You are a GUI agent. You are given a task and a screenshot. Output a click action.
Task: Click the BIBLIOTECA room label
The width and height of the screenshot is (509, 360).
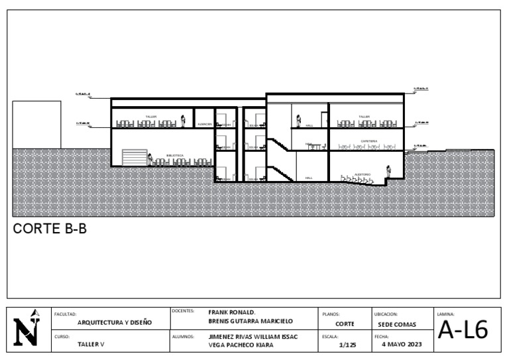point(175,155)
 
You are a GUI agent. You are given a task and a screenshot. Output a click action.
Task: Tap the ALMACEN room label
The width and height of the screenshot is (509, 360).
point(204,124)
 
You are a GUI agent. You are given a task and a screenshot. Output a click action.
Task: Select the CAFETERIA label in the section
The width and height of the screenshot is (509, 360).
point(369,141)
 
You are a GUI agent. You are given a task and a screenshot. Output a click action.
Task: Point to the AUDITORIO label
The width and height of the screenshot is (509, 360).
point(363,174)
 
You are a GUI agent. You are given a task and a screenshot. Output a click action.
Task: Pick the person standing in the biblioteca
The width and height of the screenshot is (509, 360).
point(150,160)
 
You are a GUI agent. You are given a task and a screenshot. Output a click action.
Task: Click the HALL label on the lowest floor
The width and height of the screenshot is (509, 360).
point(309,178)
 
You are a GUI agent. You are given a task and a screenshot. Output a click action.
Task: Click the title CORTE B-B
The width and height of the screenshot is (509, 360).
point(50,229)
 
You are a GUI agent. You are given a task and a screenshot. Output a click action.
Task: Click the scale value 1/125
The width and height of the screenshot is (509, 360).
point(348,344)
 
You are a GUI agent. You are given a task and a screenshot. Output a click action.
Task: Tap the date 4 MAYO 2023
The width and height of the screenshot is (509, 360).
point(402,344)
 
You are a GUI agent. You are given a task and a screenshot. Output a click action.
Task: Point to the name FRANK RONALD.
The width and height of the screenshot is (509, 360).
point(232,312)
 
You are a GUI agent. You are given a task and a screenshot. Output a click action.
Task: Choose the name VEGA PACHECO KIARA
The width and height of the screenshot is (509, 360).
point(241,345)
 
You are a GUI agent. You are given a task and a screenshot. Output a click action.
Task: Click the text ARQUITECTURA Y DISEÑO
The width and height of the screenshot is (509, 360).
point(114,322)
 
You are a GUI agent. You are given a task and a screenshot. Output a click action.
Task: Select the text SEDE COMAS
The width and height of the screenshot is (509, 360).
point(397,324)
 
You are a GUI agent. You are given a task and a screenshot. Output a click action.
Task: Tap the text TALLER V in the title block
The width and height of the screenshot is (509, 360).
point(91,345)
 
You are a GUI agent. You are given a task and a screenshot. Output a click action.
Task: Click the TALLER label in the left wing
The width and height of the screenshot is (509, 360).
point(151,116)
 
